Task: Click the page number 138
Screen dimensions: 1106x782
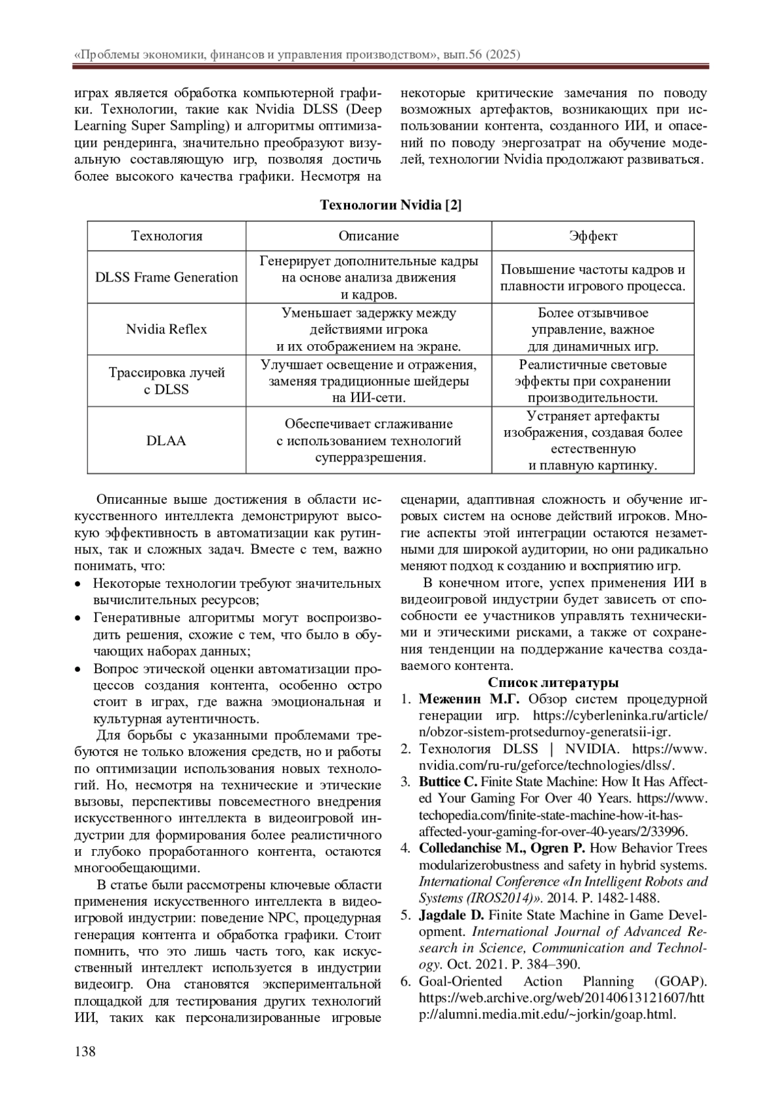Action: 85,1051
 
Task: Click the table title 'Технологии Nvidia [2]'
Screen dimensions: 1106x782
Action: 390,205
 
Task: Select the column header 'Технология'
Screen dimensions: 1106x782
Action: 167,236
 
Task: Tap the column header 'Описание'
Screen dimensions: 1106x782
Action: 368,236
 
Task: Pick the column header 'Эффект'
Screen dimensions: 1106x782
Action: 592,236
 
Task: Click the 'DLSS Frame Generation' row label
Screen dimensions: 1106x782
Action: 167,278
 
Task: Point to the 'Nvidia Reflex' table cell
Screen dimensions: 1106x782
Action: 167,329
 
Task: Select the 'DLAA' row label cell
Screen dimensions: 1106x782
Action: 167,441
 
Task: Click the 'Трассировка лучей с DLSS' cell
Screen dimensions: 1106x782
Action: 167,381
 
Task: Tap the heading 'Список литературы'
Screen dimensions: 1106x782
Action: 553,683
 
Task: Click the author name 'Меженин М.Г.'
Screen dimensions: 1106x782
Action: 469,700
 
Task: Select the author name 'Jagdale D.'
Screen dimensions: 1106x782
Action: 451,914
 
